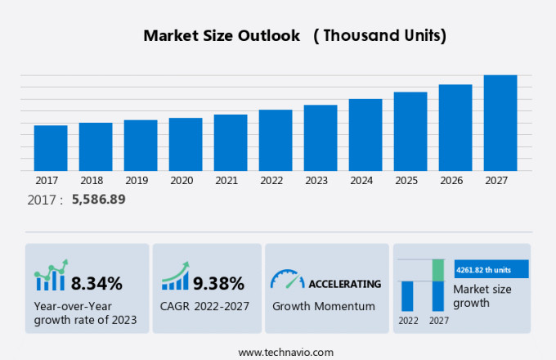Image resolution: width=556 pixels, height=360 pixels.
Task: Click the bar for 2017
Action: coord(51,148)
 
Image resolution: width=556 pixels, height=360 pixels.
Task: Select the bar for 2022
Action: coord(276,140)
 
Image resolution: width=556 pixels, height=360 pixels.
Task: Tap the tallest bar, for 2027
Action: coord(500,123)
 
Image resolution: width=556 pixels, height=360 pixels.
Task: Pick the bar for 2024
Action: coord(365,134)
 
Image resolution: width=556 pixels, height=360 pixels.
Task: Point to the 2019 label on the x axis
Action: coord(137,180)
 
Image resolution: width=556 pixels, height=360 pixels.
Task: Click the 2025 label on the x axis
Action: coord(410,180)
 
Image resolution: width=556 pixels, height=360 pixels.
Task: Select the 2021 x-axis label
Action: coord(226,180)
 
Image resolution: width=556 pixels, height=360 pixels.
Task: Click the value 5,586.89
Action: coord(98,199)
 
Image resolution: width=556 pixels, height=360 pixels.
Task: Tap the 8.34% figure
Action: coord(96,284)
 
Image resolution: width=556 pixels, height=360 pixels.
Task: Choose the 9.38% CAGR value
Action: coord(218,284)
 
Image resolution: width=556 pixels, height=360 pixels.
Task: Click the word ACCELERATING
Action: coord(344,284)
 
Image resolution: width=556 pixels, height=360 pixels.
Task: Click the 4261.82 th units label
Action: coord(485,268)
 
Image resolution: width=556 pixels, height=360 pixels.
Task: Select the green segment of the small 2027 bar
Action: coord(438,269)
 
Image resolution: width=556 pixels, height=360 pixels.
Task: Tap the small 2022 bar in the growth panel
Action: coord(407,295)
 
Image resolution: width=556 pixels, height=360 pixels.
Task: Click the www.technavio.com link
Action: coord(285,352)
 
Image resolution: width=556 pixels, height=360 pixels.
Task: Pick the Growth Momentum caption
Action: coord(324,306)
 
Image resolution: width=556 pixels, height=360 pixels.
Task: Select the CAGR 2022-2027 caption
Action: coord(205,306)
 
